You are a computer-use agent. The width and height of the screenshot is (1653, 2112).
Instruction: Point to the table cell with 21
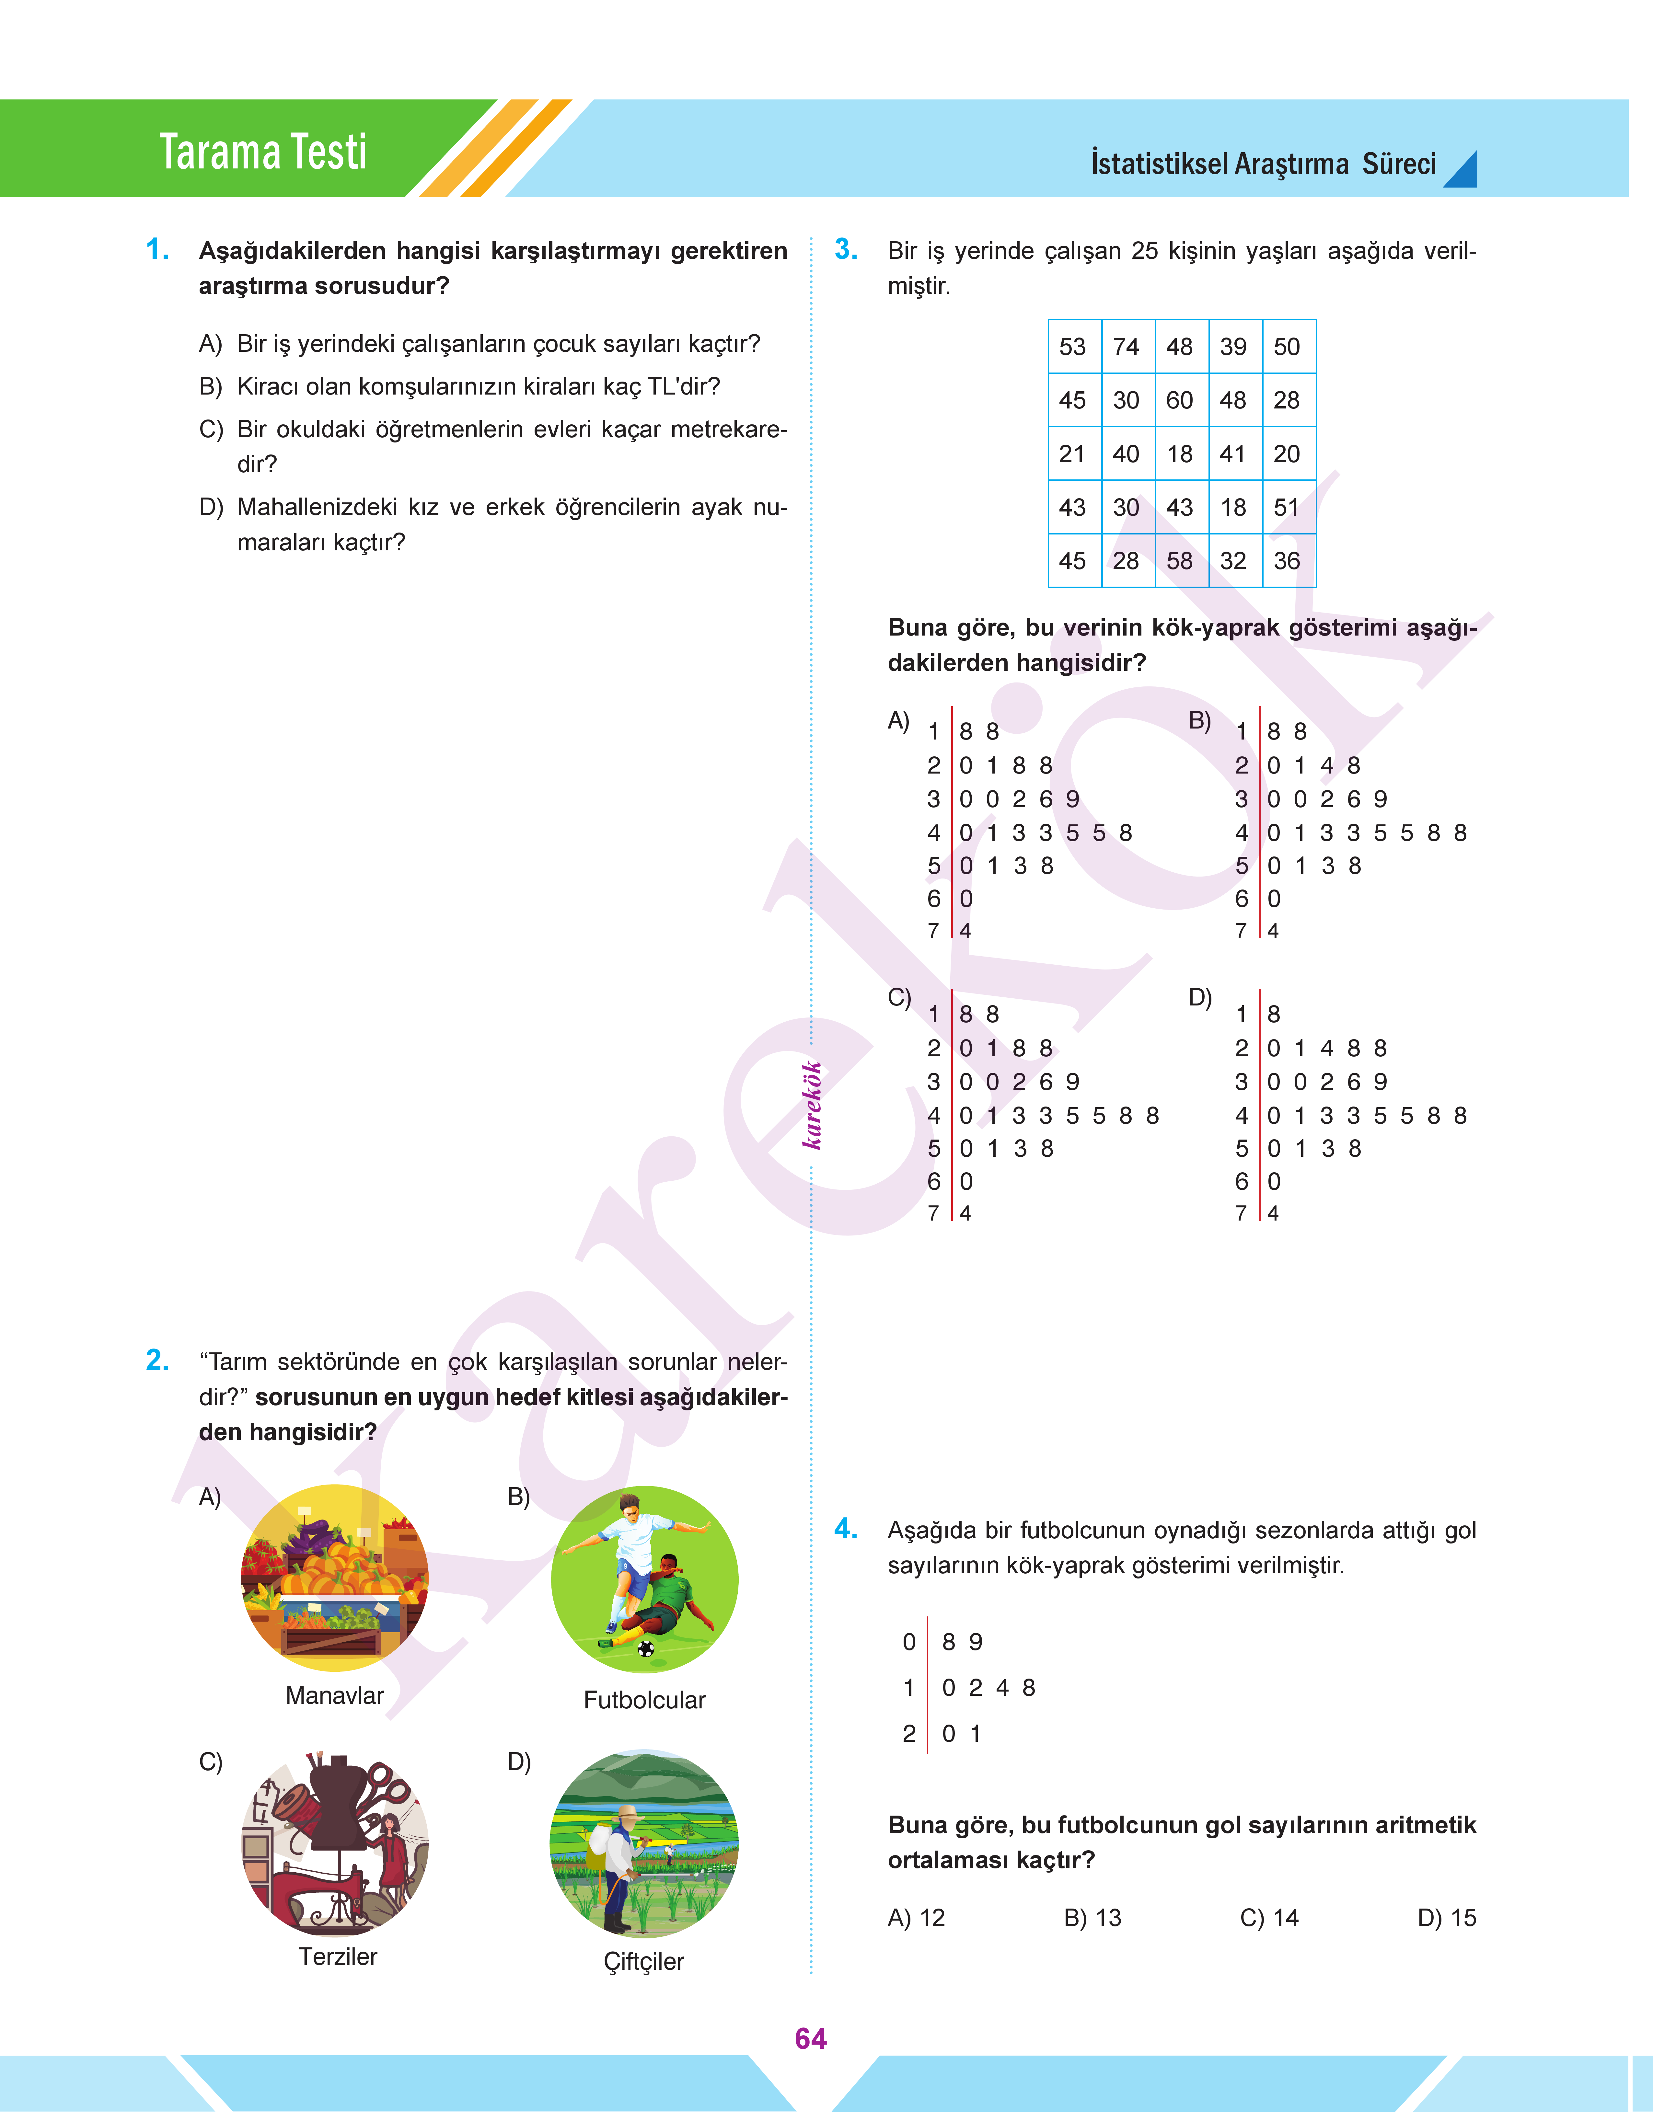(1072, 454)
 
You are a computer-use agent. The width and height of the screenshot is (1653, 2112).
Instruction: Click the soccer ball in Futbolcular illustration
(645, 1648)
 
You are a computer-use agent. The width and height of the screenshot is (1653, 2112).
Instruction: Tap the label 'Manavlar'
(335, 1695)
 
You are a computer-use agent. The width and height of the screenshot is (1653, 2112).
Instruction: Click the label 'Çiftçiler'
(643, 1961)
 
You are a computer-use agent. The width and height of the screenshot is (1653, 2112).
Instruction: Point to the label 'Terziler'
(338, 1956)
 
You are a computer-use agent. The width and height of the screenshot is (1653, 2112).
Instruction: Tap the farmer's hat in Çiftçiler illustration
(627, 1811)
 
